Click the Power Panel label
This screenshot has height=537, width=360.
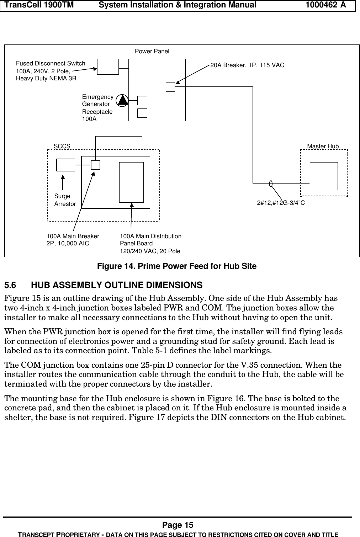pos(152,52)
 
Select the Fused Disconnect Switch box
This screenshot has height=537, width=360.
pos(108,67)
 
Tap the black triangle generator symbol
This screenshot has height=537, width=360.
pos(122,101)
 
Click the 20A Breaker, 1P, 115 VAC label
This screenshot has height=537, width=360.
pos(247,65)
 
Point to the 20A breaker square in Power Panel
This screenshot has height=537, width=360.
pos(170,87)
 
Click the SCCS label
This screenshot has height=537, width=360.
pos(62,146)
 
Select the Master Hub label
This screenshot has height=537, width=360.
pos(323,146)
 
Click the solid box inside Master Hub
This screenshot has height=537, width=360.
pos(324,176)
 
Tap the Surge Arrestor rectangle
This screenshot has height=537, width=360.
pos(66,165)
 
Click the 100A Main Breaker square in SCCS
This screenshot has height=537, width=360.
pos(95,165)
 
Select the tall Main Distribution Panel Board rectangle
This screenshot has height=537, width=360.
pos(131,182)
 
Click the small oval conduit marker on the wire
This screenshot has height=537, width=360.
pos(271,184)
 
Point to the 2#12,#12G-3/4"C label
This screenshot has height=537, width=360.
pos(281,203)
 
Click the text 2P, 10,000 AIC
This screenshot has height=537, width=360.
pos(68,244)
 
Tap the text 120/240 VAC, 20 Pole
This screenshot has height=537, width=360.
pos(150,251)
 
